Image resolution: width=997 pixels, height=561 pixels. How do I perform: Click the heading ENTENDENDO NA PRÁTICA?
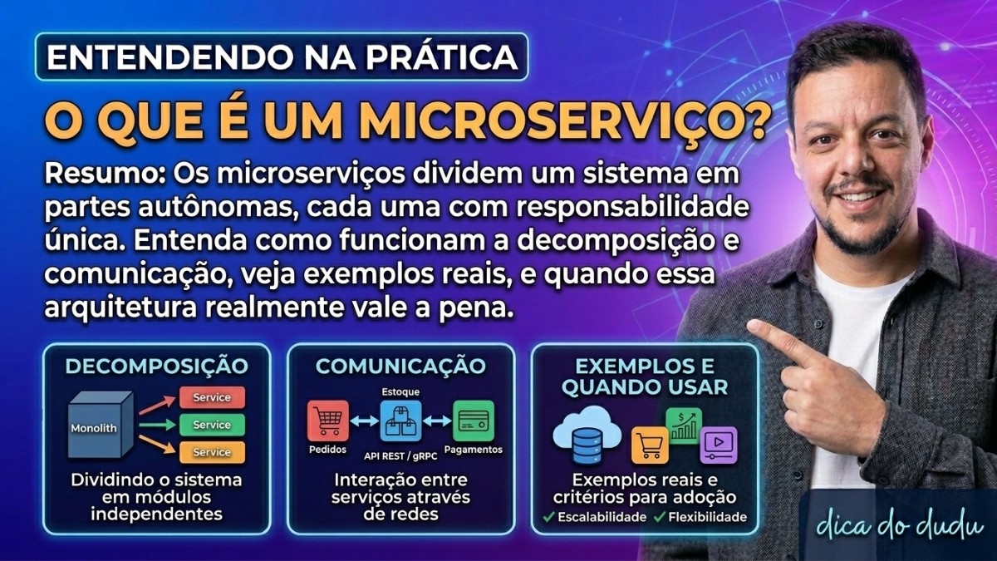282,57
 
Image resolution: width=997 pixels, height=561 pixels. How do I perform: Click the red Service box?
212,397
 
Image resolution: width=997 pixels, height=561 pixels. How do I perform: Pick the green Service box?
212,425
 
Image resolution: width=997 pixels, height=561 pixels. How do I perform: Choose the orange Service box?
212,452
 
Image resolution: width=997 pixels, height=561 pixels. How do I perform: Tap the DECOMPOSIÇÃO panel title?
156,366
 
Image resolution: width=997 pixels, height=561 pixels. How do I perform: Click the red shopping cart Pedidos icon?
327,421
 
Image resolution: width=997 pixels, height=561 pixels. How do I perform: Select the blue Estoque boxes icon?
400,421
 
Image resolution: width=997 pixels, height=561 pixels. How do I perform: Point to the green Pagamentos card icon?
473,421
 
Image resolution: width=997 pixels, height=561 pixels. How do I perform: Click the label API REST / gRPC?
400,455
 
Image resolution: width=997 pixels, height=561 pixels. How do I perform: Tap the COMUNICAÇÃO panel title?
400,366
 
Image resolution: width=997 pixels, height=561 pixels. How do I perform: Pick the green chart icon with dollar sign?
684,425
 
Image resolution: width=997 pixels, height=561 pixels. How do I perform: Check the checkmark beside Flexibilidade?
659,517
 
